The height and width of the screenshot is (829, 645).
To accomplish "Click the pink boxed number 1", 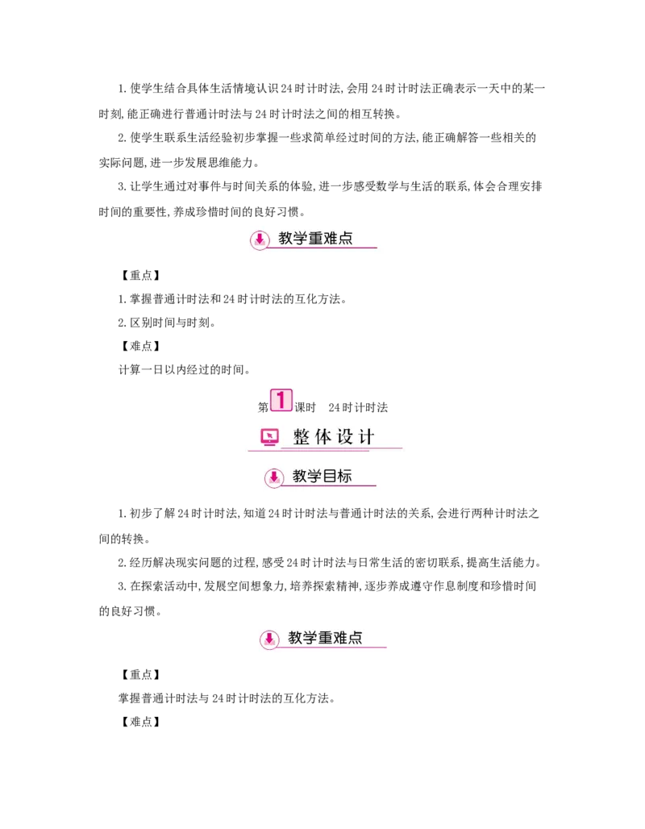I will coord(281,400).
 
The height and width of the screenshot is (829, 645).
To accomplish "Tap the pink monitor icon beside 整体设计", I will coord(269,437).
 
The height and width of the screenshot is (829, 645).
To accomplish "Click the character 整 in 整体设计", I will coord(302,437).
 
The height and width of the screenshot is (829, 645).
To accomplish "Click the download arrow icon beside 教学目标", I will coord(274,477).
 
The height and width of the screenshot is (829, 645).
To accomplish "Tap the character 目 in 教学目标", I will coord(329,476).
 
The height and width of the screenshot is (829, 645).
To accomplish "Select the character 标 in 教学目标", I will coord(344,476).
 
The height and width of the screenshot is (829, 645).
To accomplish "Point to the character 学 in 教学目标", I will coord(314,476).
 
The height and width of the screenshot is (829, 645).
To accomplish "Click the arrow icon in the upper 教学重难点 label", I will coord(260,240).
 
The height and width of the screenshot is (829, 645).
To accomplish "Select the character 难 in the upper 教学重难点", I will coord(331,239).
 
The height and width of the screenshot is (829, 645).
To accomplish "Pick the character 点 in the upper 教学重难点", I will coord(346,239).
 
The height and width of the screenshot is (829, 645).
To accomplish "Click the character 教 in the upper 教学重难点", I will coord(285,239).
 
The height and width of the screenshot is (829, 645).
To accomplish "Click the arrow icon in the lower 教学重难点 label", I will coord(269,639).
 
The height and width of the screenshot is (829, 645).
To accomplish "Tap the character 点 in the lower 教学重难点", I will coord(356,638).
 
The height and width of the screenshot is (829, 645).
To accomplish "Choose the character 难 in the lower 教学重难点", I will coord(340,638).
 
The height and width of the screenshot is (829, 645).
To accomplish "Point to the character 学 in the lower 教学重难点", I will coord(310,638).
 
